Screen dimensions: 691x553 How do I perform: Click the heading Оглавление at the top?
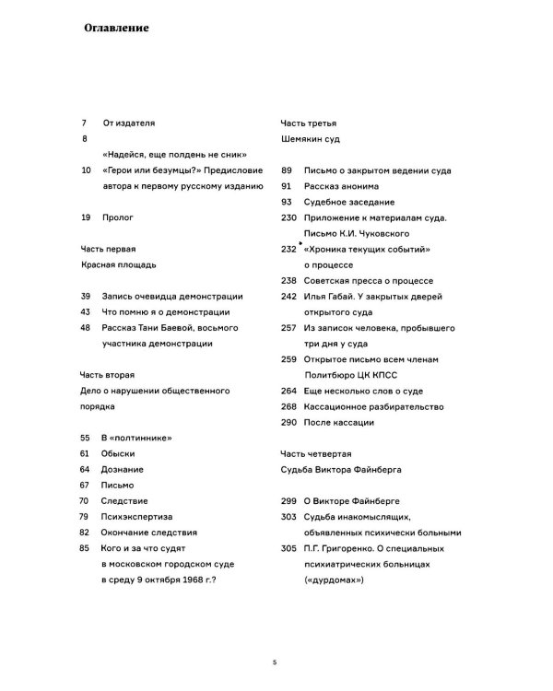[115, 28]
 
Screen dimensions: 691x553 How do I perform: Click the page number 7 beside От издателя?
[84, 123]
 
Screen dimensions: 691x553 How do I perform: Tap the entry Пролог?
[119, 217]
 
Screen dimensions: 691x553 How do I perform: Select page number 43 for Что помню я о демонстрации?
[85, 311]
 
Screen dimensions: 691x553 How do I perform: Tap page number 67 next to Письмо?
[85, 486]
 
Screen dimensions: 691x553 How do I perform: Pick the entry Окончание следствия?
[150, 533]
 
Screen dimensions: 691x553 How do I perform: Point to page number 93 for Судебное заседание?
[286, 202]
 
